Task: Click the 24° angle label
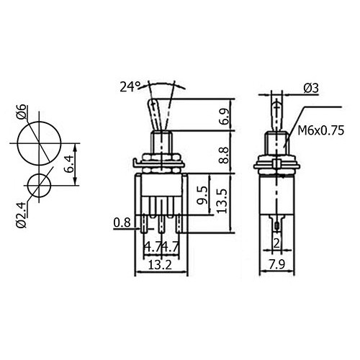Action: tap(130, 87)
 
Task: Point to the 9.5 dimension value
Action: tap(202, 195)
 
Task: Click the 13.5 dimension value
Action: tap(222, 201)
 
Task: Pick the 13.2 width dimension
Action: tap(160, 265)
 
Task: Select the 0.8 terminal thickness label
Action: tap(122, 222)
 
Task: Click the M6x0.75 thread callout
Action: tap(321, 131)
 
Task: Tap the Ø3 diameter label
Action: tap(311, 89)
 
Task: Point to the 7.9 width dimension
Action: tap(276, 265)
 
